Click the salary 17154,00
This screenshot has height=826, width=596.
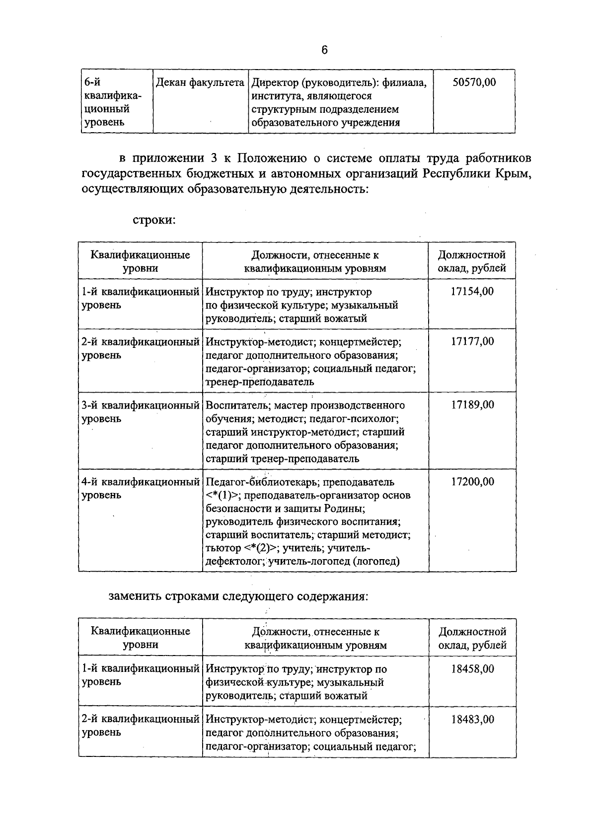472,292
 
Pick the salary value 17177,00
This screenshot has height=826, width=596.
472,342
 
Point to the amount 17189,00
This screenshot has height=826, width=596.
472,405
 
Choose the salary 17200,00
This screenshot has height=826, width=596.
472,482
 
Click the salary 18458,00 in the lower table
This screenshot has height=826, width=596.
472,669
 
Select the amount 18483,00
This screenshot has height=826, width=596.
472,720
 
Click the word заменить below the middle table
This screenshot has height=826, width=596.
135,596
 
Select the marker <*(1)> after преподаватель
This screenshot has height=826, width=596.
223,496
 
